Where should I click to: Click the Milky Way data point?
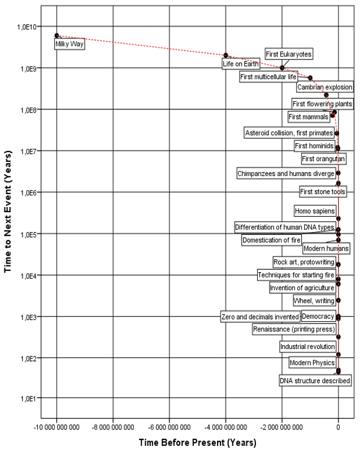click(x=57, y=36)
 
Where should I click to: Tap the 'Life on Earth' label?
click(x=239, y=64)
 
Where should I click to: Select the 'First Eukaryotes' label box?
click(x=289, y=54)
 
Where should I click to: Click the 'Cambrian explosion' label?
click(x=324, y=87)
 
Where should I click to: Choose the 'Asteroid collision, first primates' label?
click(x=289, y=133)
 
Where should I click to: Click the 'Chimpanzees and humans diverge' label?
click(x=285, y=174)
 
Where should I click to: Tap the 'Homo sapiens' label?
click(x=315, y=211)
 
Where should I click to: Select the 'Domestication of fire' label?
click(x=271, y=240)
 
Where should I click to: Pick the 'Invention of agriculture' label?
click(x=302, y=288)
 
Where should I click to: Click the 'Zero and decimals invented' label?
click(x=259, y=317)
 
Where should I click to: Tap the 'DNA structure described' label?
click(x=315, y=381)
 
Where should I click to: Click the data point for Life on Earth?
click(x=225, y=55)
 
